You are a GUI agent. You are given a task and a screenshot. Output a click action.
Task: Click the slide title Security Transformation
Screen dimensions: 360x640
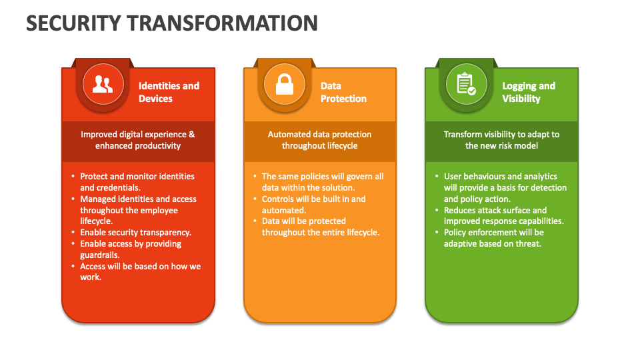[172, 23]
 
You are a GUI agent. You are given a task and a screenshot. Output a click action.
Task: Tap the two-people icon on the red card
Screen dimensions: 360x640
[103, 84]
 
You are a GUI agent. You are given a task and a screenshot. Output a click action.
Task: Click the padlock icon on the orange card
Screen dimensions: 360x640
[285, 84]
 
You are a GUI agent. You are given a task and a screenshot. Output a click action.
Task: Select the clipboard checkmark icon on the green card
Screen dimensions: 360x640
[466, 84]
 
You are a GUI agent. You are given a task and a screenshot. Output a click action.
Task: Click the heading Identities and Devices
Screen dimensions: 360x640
[169, 92]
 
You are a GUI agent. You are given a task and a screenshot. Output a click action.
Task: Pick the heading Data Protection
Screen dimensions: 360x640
[343, 92]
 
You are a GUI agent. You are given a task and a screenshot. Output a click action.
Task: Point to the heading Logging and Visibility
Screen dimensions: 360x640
[529, 92]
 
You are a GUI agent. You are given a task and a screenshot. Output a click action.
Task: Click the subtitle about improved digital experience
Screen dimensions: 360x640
[138, 140]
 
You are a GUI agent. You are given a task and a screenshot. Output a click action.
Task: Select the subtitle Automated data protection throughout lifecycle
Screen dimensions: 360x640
[319, 140]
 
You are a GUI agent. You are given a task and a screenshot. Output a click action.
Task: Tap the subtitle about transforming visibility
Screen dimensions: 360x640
[501, 140]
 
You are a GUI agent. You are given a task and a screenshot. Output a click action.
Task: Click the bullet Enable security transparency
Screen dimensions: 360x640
[135, 233]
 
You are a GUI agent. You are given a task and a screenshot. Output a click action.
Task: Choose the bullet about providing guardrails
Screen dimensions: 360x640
[131, 249]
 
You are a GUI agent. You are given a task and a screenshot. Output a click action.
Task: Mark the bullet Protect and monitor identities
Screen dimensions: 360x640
[137, 182]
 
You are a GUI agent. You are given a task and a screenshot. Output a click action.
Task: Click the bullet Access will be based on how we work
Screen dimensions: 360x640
[140, 271]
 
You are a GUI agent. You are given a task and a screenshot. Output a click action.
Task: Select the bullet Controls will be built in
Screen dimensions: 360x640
[313, 205]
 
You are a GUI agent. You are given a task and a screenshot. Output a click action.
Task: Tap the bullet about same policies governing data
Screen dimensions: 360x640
[322, 182]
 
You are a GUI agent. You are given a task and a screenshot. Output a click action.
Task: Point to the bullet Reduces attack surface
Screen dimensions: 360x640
[503, 215]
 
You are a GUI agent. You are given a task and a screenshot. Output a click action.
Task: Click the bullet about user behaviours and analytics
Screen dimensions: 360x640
[505, 187]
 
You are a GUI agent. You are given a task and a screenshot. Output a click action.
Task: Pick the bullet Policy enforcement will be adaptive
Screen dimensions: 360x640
[493, 238]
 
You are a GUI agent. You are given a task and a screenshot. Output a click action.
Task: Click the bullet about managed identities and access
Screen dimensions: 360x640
[138, 210]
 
